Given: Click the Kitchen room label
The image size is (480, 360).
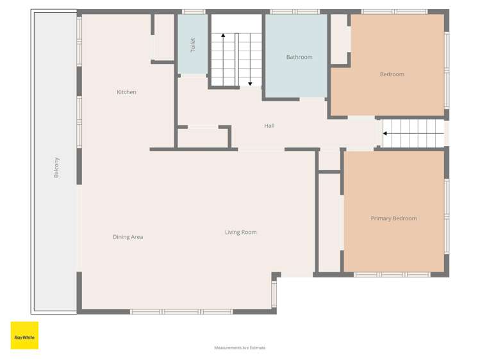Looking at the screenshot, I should (126, 92).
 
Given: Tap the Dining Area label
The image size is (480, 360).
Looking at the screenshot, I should (128, 237).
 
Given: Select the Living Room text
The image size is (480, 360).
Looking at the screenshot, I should (240, 233).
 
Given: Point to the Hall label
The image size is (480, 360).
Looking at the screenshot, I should (269, 126).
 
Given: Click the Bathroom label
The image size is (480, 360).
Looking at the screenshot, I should (299, 58).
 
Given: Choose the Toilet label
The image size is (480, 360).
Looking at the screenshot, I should (192, 45).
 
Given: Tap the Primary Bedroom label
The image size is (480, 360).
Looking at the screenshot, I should (393, 218).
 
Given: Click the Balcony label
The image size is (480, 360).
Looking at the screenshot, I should (56, 167).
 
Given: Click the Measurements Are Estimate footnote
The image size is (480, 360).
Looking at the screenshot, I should (240, 348).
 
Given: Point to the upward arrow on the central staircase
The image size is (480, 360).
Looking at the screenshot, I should (223, 37).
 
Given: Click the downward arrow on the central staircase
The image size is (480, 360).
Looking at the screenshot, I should (250, 82).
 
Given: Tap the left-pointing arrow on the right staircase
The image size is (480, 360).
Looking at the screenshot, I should (386, 134).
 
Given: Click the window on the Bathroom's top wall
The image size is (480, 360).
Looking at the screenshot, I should (294, 12).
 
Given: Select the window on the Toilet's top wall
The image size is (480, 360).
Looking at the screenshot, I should (193, 12).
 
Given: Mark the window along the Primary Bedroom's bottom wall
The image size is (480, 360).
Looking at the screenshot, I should (392, 274).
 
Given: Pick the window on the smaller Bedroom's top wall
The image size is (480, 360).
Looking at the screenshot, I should (394, 12).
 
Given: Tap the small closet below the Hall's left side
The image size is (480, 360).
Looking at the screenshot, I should (203, 138).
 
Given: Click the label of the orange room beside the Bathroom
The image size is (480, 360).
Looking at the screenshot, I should (392, 74).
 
